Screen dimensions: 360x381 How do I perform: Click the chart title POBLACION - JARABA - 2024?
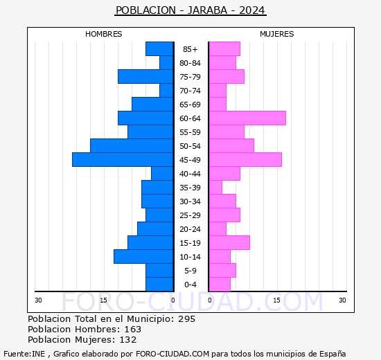[190, 10]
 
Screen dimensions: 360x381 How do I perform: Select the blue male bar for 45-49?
[122, 160]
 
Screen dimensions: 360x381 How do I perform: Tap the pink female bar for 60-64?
[247, 118]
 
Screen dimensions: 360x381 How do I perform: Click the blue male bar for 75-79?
[145, 77]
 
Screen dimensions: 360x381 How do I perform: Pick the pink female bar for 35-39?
[215, 188]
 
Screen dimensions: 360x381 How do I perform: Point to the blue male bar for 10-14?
[143, 257]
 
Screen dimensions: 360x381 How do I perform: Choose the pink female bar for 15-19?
[229, 243]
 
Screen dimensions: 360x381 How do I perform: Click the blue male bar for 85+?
[159, 49]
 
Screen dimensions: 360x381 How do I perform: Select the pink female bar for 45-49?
[245, 160]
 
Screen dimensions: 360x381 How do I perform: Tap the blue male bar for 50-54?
[132, 146]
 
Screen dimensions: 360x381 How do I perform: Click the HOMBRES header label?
[104, 34]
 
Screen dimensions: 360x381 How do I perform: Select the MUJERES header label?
[277, 34]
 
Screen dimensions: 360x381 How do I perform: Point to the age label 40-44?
[190, 174]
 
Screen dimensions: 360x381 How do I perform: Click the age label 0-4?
[190, 285]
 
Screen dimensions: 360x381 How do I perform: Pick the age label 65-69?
[190, 105]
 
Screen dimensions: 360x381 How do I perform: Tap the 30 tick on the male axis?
[39, 300]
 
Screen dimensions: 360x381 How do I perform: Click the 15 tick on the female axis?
[276, 300]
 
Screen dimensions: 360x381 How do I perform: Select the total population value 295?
[187, 319]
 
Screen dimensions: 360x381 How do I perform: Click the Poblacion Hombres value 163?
[132, 330]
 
